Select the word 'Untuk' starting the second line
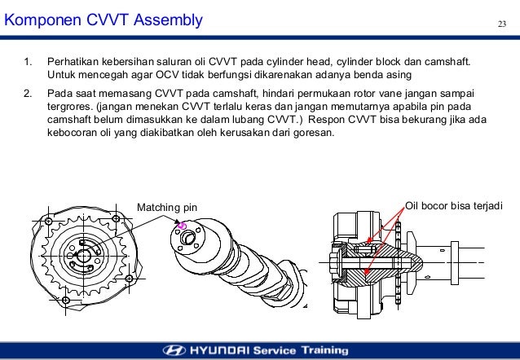click(62, 74)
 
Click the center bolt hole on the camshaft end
click(191, 237)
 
